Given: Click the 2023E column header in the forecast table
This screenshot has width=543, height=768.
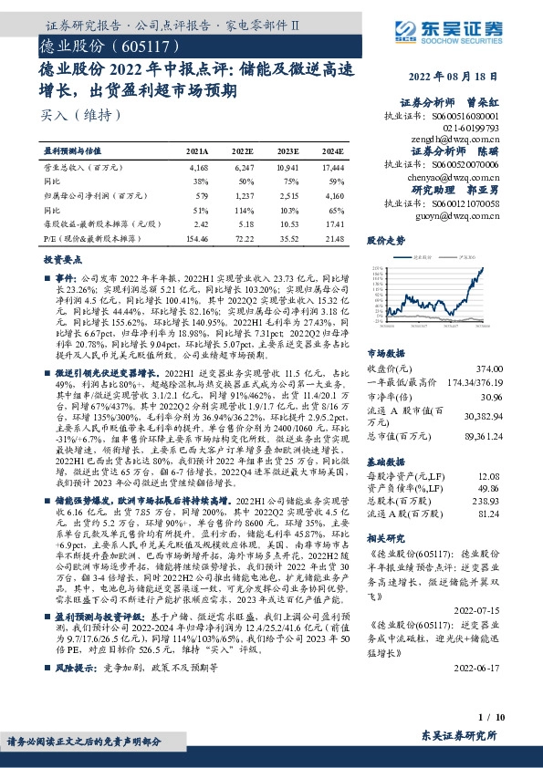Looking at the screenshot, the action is click(x=286, y=151).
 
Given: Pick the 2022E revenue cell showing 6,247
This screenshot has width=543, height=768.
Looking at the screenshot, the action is click(x=242, y=169).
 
